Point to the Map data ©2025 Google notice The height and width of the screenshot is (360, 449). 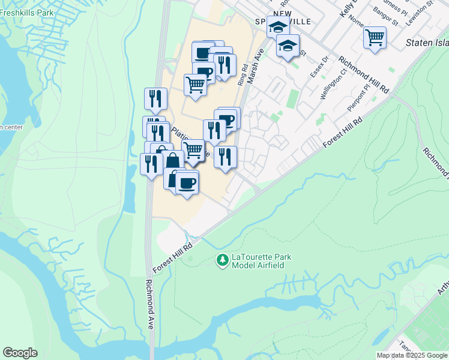[412, 355]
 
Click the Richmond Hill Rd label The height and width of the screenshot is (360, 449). [364, 74]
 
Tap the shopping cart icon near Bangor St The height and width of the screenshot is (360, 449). [375, 37]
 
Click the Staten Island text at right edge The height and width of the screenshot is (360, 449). [427, 43]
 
